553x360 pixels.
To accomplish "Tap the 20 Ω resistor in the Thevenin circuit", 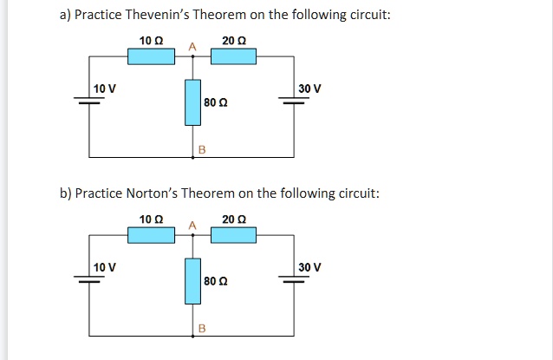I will click(234, 56).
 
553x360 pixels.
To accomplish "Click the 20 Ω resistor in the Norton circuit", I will click(234, 234).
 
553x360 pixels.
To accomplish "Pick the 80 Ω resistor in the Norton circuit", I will click(192, 281).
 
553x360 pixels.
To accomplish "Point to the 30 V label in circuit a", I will click(309, 88).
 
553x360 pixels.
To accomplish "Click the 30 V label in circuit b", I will click(309, 266).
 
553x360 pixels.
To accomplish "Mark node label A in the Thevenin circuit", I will click(192, 46).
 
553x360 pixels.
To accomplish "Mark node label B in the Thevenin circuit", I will click(202, 149).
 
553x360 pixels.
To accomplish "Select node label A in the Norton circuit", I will click(192, 225).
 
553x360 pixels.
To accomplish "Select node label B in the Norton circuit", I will click(202, 327).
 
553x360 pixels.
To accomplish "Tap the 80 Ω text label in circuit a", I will click(214, 103).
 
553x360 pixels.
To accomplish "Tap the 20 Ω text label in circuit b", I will click(233, 219).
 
